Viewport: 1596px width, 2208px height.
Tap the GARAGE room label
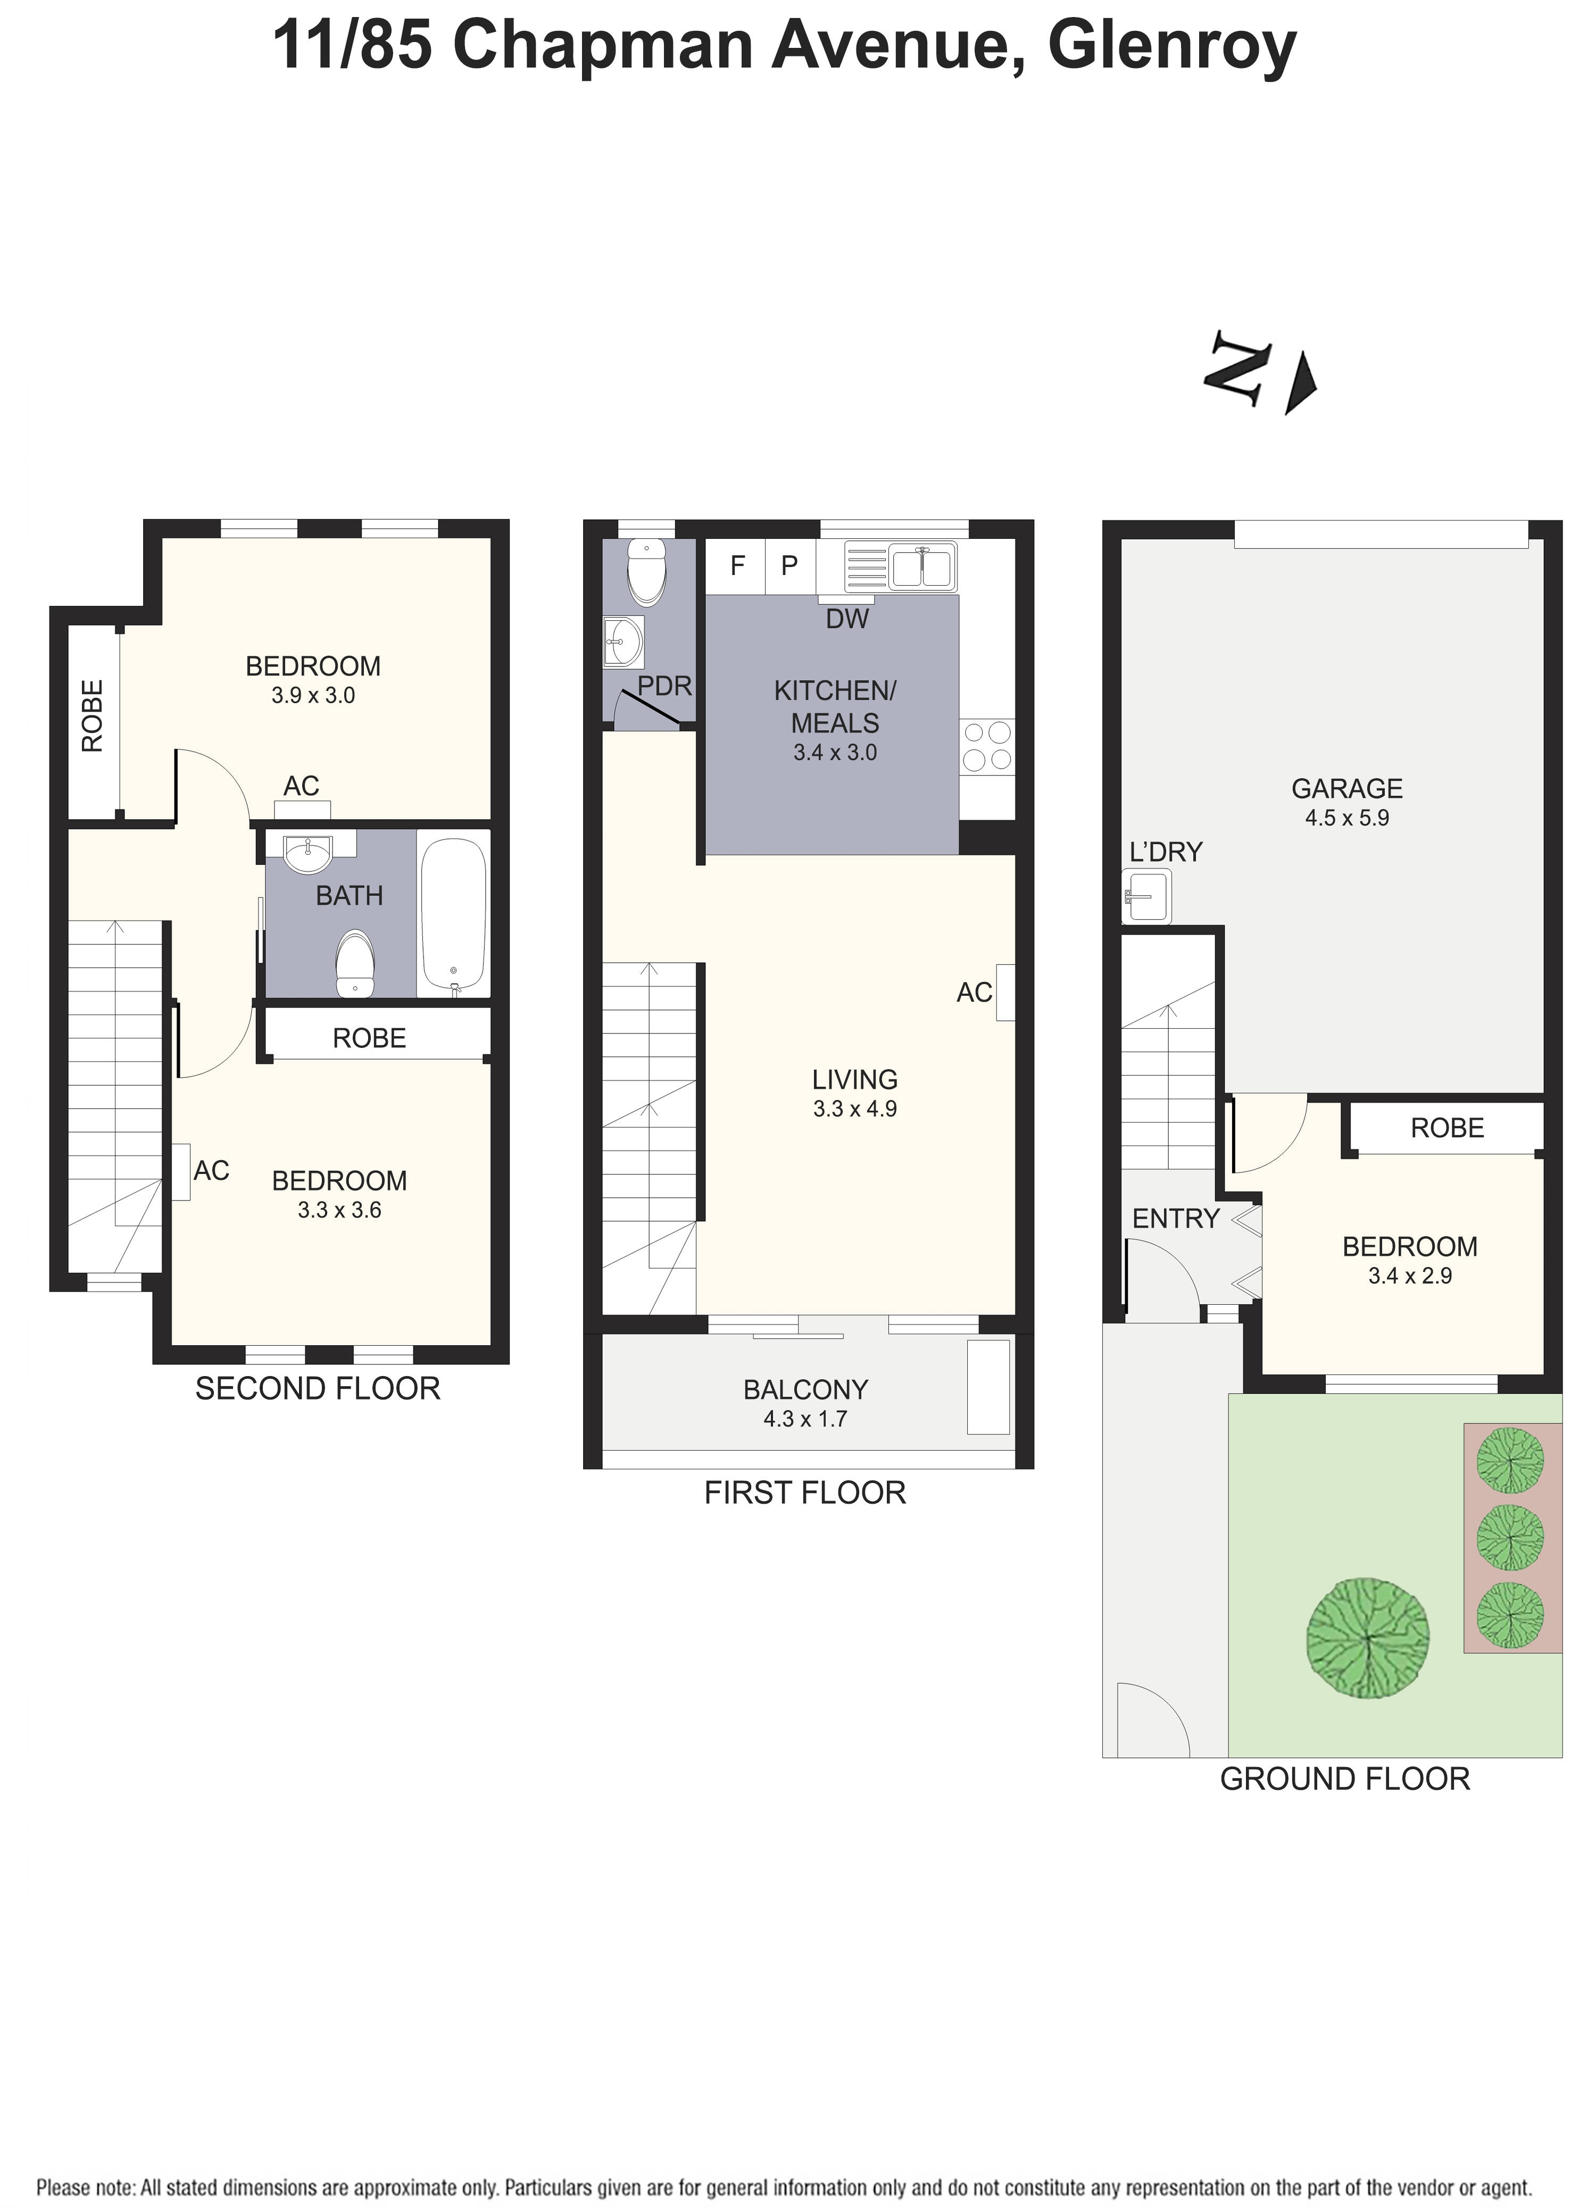[x=1346, y=788]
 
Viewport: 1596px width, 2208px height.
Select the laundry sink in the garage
[x=1146, y=896]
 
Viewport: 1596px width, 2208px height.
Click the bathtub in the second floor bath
[x=453, y=913]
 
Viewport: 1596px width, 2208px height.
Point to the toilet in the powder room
[x=646, y=572]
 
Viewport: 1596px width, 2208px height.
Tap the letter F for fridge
[x=737, y=565]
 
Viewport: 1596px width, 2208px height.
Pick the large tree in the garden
[x=1367, y=1637]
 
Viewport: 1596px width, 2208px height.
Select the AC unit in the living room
[x=1005, y=992]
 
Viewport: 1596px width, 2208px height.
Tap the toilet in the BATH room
[x=354, y=964]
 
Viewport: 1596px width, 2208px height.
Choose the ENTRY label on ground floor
[x=1175, y=1219]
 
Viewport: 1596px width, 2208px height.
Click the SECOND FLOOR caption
[x=318, y=1388]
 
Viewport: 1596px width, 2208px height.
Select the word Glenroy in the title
[x=1171, y=46]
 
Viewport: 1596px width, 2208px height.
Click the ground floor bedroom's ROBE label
[x=1447, y=1128]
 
